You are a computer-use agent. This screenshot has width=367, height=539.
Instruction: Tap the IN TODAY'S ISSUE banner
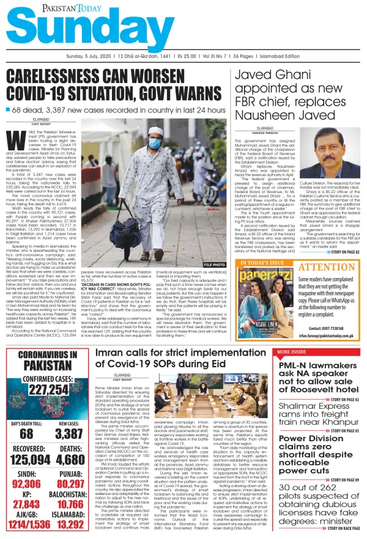(262, 263)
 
